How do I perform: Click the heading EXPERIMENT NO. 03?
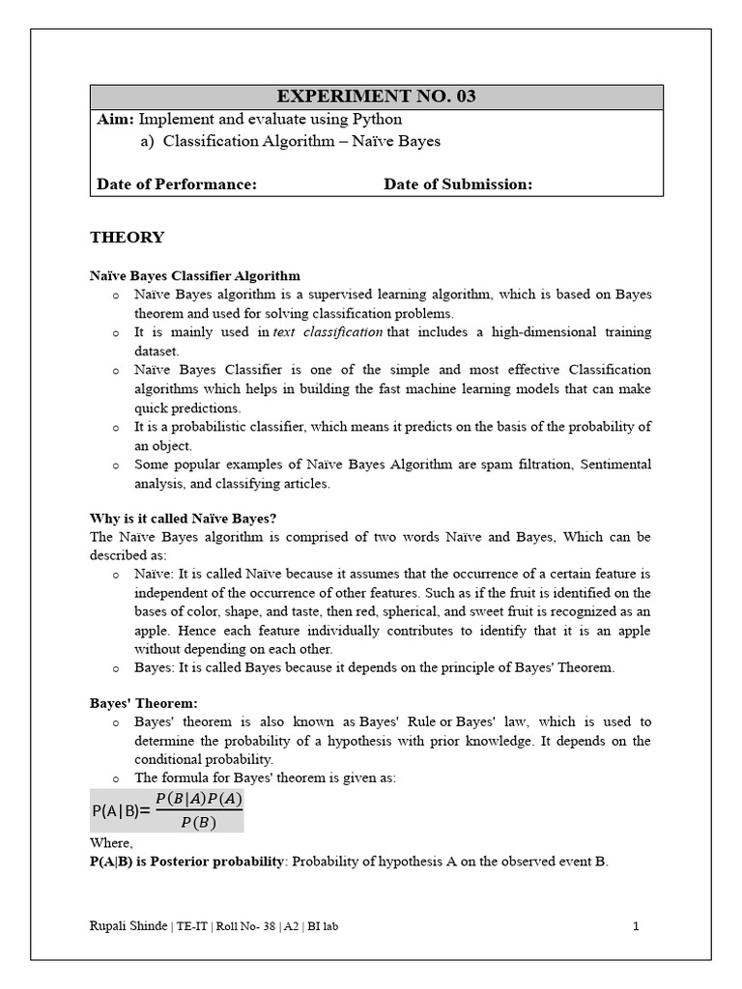(376, 97)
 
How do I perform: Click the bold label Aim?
(116, 119)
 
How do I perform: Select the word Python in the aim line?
(378, 119)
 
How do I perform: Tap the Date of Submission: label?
(458, 184)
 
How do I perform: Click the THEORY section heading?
(127, 238)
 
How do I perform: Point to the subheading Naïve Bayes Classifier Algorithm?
(195, 276)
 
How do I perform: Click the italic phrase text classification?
(328, 332)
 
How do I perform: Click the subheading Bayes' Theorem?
(143, 703)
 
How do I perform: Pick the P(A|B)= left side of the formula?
(121, 811)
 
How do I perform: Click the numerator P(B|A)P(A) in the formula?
(198, 799)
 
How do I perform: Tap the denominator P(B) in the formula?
(198, 823)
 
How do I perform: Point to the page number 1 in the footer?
(637, 927)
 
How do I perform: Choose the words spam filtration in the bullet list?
(527, 465)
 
